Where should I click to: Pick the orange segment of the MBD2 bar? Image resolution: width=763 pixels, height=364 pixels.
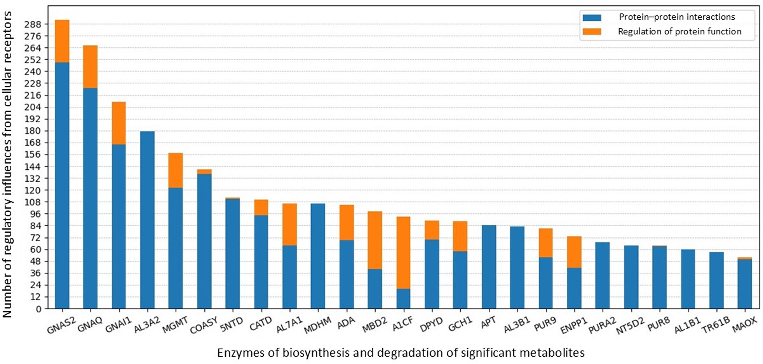pos(375,240)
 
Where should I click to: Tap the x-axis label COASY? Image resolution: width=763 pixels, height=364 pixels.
pos(204,325)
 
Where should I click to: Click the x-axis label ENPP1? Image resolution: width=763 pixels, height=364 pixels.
pos(574,325)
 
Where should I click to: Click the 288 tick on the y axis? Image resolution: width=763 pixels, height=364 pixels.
pos(33,24)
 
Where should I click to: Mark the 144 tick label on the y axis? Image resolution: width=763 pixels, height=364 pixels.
pos(33,167)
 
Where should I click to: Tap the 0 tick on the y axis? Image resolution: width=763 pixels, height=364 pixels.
pos(39,309)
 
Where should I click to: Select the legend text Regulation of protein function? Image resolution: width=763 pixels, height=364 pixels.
pos(680,31)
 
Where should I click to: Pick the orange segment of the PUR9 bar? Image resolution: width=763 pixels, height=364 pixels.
pos(545,243)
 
